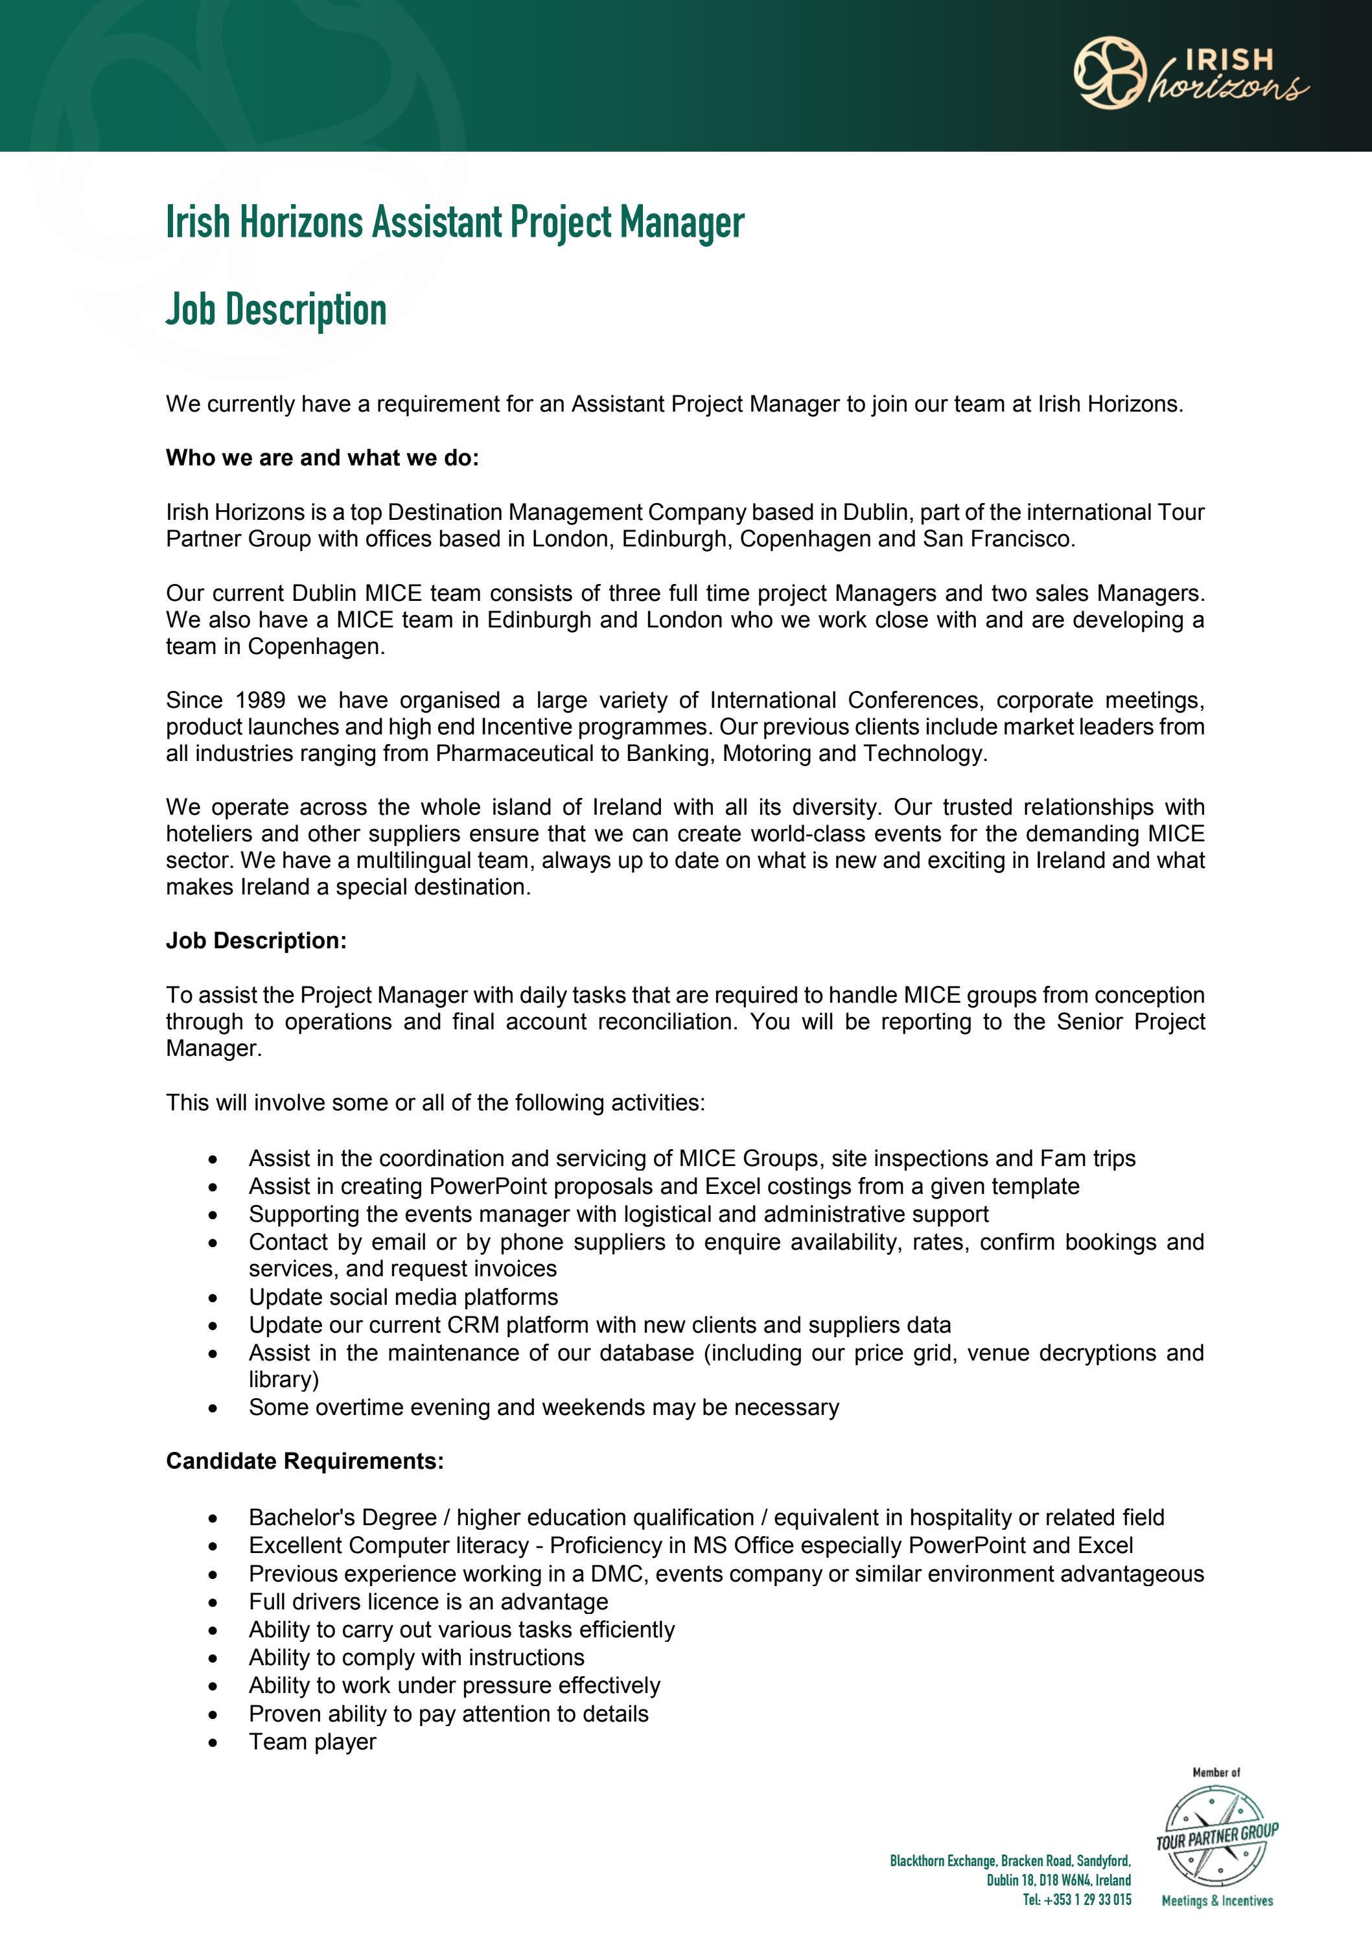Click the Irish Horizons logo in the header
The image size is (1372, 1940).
pyautogui.click(x=1191, y=73)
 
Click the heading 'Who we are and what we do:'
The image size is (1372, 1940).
pyautogui.click(x=322, y=458)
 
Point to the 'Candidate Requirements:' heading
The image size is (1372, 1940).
pyautogui.click(x=304, y=1461)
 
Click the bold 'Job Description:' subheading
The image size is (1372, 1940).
pyautogui.click(x=256, y=941)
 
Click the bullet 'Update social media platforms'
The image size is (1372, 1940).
pyautogui.click(x=403, y=1297)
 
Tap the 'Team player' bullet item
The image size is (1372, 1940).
pyautogui.click(x=312, y=1742)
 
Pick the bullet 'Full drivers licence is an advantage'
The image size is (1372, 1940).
pyautogui.click(x=428, y=1601)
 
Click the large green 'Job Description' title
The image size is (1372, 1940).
pyautogui.click(x=275, y=309)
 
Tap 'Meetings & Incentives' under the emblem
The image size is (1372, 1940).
pyautogui.click(x=1216, y=1901)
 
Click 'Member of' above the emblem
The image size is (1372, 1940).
pyautogui.click(x=1216, y=1773)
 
